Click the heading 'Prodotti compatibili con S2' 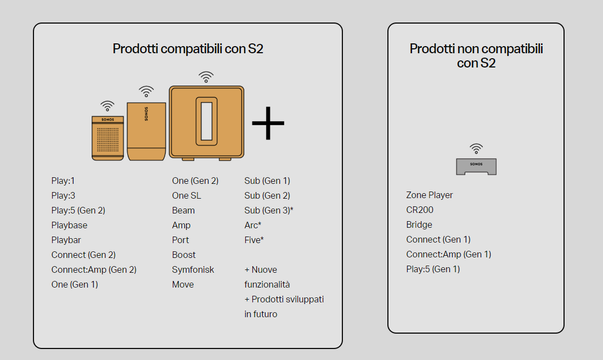188,49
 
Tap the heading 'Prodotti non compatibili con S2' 476,56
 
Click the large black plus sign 268,123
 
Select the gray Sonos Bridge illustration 476,166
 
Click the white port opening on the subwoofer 206,121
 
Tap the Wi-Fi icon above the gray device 476,149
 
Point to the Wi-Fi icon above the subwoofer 206,77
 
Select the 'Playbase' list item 69,225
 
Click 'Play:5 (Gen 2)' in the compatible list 78,210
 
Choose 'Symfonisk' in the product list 193,269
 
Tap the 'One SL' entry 187,195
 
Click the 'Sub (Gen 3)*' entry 269,210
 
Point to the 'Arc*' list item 252,225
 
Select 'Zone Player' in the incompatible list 429,195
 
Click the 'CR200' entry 420,210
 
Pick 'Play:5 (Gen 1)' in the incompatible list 433,269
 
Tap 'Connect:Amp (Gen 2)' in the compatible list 94,269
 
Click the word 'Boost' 184,255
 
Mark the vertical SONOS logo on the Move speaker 146,114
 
